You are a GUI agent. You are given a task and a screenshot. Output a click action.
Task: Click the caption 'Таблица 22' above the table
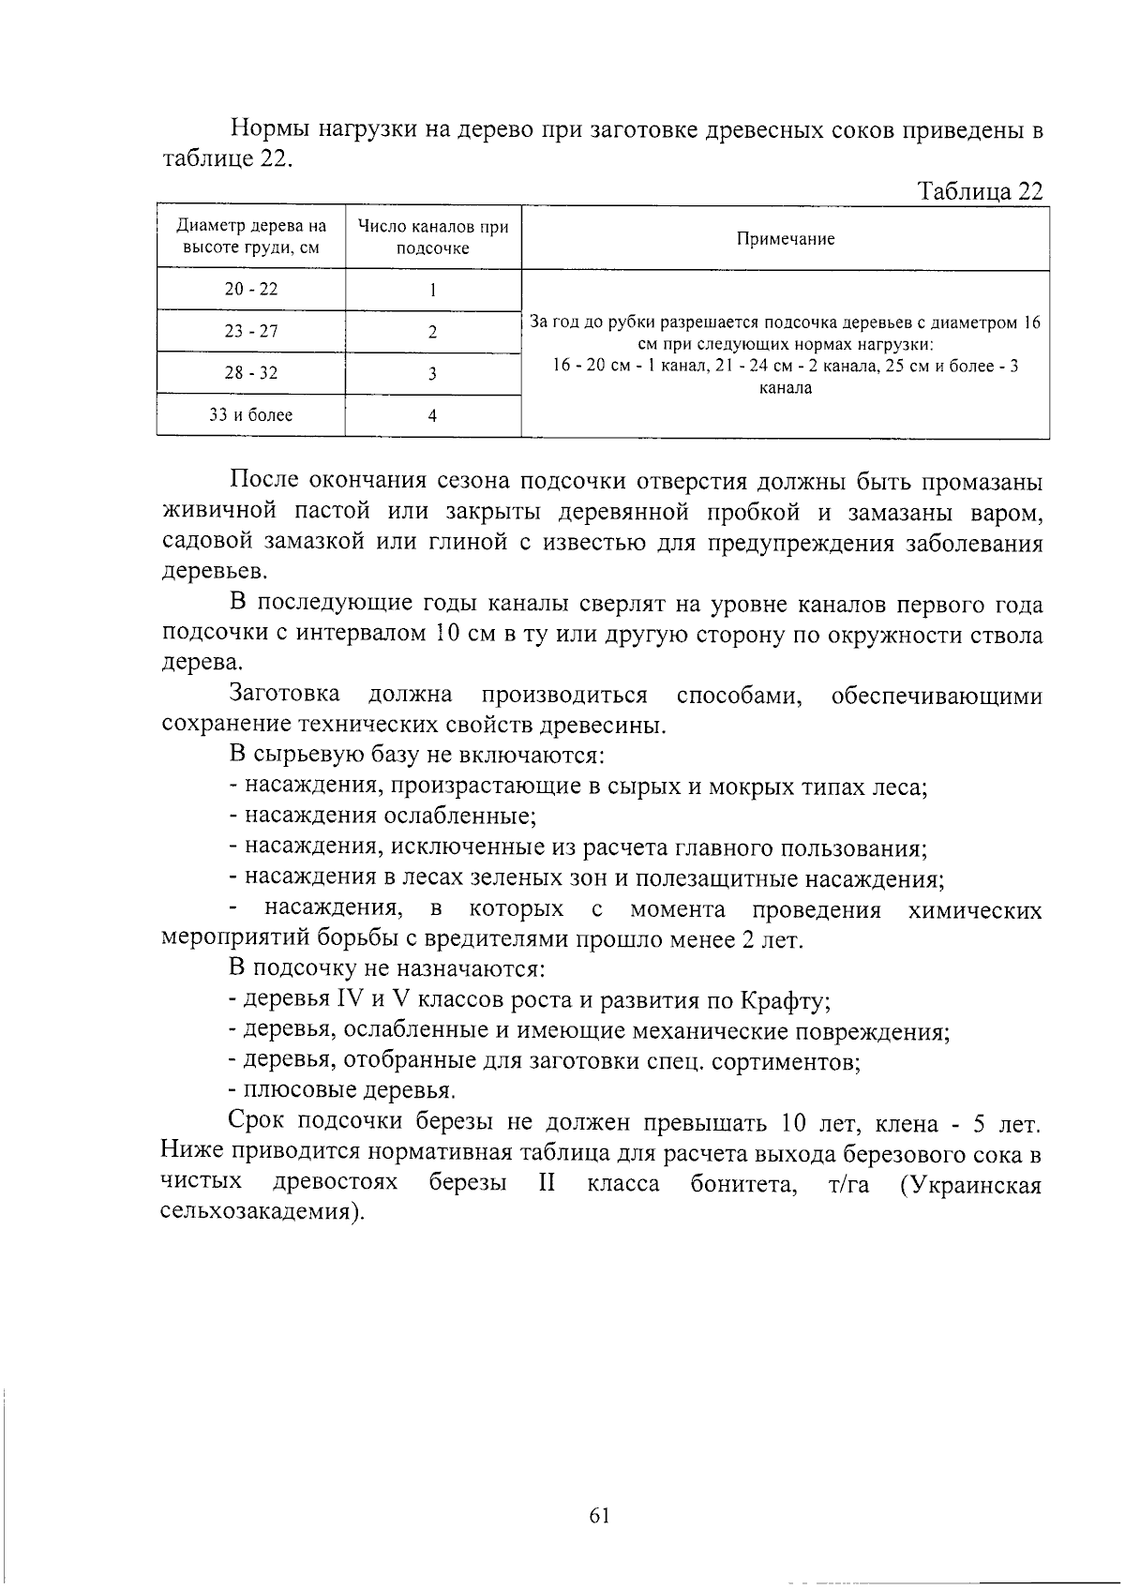click(980, 191)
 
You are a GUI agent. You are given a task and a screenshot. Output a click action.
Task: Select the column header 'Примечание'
click(785, 239)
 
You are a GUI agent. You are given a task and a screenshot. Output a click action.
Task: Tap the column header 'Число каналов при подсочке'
click(432, 237)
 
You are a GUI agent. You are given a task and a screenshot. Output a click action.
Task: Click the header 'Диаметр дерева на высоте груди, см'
click(251, 237)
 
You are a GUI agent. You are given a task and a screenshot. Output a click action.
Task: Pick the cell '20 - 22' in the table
click(251, 290)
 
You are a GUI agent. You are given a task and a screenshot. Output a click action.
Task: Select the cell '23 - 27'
click(251, 332)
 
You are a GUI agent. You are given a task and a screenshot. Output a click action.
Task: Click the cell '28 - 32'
click(251, 373)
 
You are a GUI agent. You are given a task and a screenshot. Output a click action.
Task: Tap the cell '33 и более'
click(251, 415)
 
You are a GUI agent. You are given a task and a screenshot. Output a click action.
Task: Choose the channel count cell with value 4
click(432, 415)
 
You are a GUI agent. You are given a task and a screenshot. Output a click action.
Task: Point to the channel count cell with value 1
click(432, 290)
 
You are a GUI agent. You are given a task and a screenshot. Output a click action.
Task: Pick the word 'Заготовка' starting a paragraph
click(285, 695)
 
